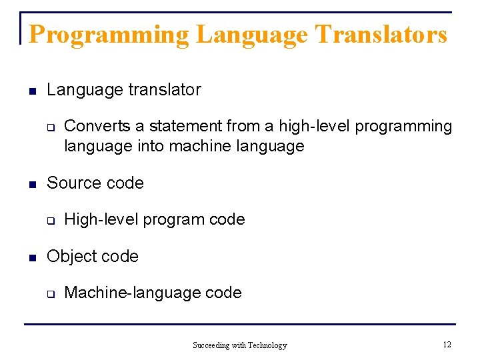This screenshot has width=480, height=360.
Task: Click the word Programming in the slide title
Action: [109, 34]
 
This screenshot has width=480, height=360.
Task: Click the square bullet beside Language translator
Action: [30, 91]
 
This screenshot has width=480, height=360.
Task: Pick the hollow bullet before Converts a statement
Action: [49, 127]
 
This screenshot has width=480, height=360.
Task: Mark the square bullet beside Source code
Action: [30, 184]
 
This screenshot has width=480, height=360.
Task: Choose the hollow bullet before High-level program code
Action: [49, 221]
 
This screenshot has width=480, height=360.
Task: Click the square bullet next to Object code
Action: [30, 257]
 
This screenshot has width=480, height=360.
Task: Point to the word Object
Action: [70, 256]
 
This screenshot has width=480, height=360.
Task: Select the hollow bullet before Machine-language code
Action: [49, 294]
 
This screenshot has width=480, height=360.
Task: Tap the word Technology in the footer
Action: [267, 345]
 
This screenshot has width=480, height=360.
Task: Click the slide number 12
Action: [447, 345]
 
